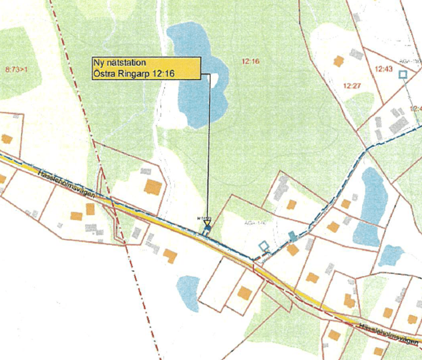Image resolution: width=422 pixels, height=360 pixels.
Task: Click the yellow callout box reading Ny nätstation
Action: [145, 68]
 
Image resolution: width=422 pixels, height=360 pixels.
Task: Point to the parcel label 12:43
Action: [383, 68]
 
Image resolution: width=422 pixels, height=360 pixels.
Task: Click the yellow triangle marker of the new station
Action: [207, 223]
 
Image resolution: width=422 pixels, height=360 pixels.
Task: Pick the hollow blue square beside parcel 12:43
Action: [403, 75]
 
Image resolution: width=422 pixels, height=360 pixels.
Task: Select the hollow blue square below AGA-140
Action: [263, 246]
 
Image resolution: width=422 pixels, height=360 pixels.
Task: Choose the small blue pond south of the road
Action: [189, 292]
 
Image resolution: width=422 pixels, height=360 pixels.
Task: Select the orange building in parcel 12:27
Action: [338, 61]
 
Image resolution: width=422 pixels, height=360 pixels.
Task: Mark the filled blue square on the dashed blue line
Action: [292, 237]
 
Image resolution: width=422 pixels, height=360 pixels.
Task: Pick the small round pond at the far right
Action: [391, 255]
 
